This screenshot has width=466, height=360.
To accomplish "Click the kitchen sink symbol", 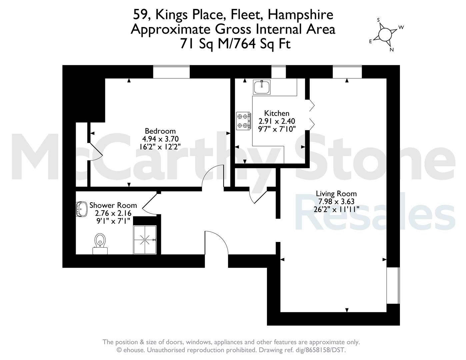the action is coord(261,87).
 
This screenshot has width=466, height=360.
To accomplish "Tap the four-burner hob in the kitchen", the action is coord(244,121).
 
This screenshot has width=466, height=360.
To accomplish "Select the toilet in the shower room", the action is coord(100,244).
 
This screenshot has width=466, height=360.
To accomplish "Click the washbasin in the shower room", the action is coord(81,209).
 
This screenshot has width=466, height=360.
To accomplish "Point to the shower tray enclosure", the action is coord(145,240).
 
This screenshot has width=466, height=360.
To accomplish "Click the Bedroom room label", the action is coord(160,131).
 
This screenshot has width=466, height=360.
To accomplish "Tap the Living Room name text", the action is coord(336,194).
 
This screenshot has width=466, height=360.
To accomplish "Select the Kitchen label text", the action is coord(277,113).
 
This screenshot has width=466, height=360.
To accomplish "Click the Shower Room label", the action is coord(113,205).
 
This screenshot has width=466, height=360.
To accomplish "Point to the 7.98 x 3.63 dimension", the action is coord(336,202).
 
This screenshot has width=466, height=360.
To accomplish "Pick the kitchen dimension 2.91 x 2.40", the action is coord(277,121).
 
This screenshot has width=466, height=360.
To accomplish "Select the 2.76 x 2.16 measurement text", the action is coord(113,213).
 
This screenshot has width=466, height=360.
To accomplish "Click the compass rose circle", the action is coord(385,34).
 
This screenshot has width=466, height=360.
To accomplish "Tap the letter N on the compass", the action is coord(392,50).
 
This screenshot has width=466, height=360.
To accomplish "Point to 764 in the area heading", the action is coord(244,44).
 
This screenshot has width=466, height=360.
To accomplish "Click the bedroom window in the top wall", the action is coord(171,72).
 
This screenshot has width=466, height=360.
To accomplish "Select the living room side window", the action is coord(393,285).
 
